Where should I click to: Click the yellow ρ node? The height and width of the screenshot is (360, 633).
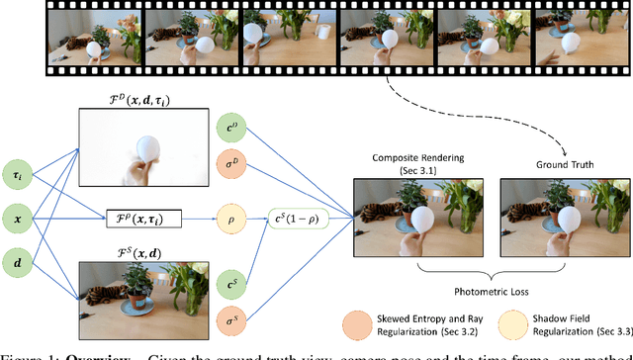[230, 214]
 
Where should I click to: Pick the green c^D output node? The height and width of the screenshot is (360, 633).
[230, 130]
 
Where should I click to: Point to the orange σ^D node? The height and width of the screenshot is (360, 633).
[230, 163]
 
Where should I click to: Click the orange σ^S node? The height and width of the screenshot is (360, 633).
[230, 294]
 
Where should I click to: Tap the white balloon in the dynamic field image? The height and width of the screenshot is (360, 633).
[151, 146]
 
